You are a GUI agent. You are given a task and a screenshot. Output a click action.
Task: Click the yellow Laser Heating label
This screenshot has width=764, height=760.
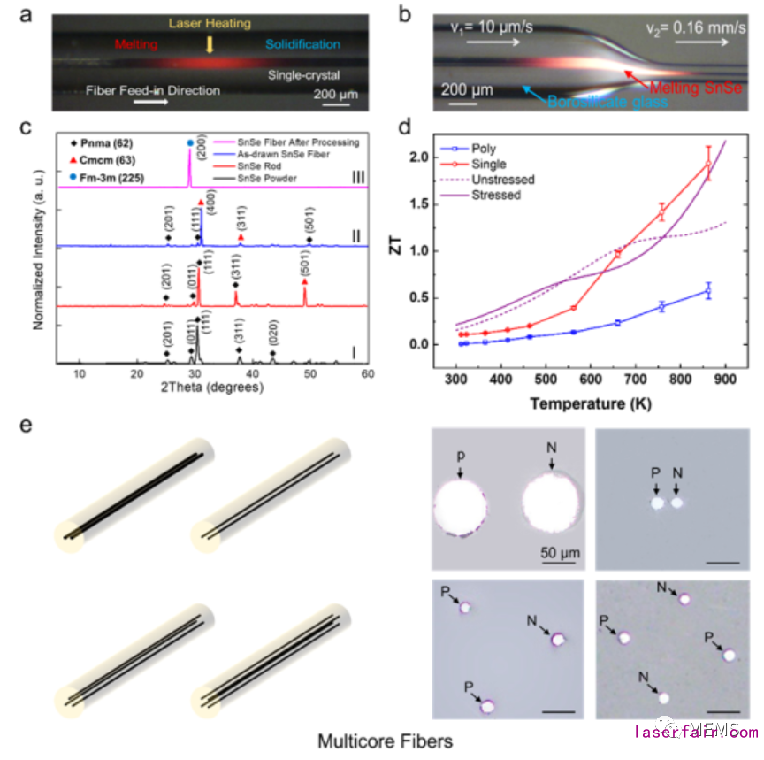point(210,24)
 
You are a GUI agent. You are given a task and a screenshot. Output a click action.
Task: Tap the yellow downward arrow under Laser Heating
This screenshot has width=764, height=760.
point(209,42)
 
